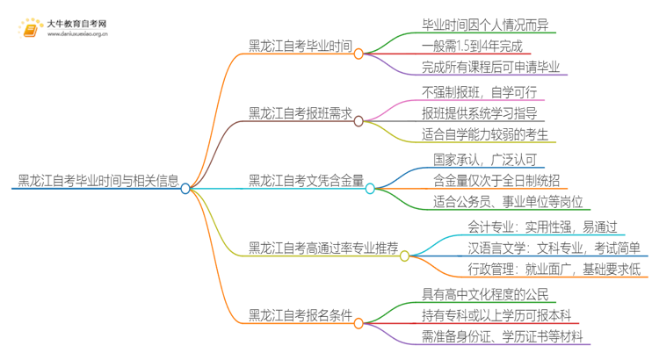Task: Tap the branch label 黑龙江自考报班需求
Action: click(x=300, y=113)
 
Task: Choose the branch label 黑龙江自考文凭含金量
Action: click(x=306, y=181)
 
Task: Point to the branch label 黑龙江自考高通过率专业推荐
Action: click(x=322, y=248)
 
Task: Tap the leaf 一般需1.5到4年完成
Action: click(x=472, y=46)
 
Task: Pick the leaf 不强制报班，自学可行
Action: click(x=479, y=91)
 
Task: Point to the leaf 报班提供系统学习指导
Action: click(x=478, y=113)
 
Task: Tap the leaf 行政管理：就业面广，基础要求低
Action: click(x=554, y=270)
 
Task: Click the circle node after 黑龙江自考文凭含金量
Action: click(x=370, y=188)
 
